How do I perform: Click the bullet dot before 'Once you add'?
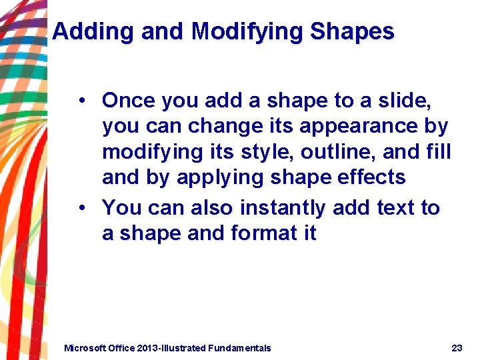[x=81, y=101]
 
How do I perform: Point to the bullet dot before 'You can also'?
[x=81, y=208]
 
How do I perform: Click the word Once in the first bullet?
[x=129, y=101]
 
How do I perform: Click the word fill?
[x=440, y=152]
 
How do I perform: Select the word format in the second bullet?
[x=262, y=233]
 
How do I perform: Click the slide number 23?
[x=457, y=348]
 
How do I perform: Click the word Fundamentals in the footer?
[x=239, y=348]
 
